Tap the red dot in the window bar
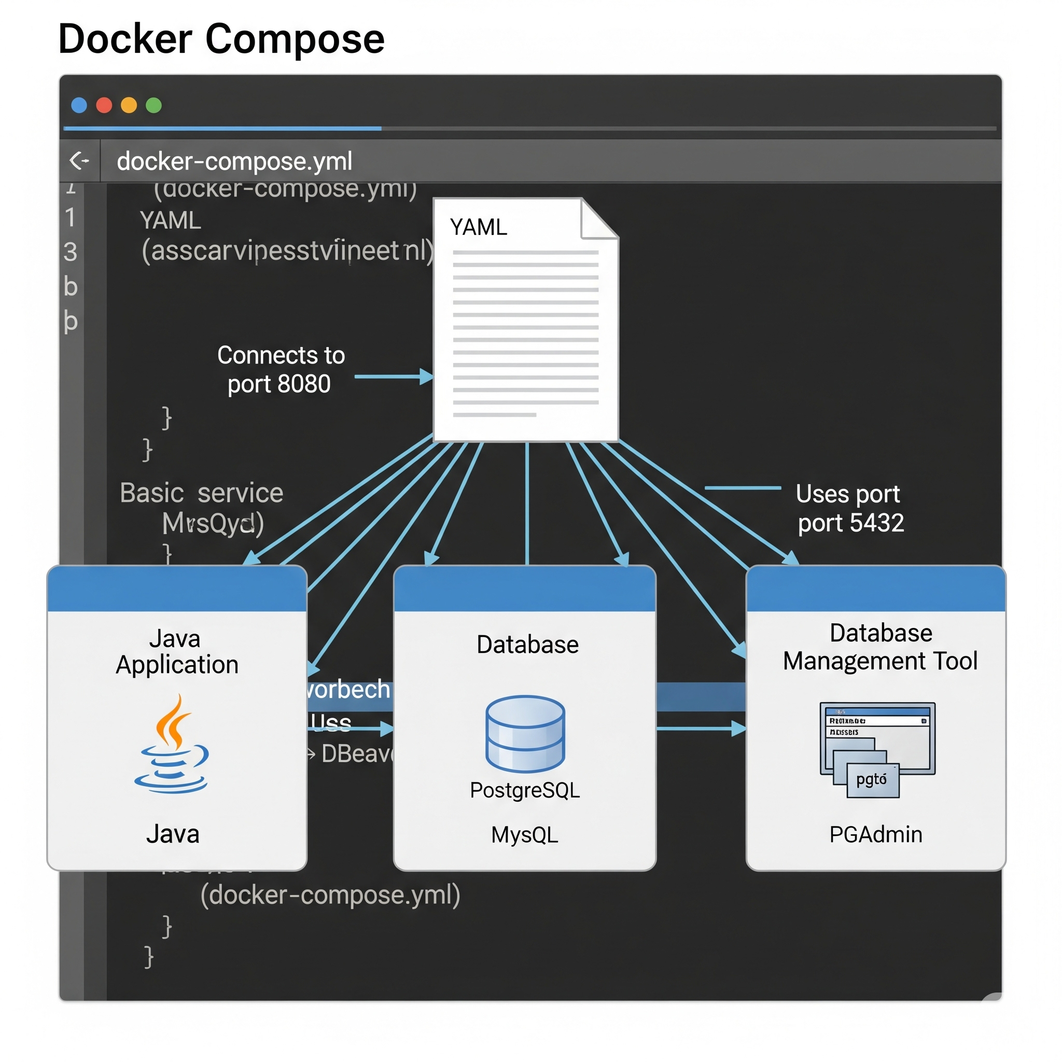[104, 105]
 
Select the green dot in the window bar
[154, 105]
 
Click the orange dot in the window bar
[129, 105]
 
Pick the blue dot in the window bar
[79, 105]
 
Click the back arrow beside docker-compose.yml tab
[79, 161]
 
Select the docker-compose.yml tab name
[234, 161]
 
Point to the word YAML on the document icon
[478, 227]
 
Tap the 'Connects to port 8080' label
[281, 369]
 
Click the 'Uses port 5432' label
[850, 508]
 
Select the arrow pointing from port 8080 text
[394, 376]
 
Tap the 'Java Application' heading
[176, 652]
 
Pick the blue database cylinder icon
[525, 733]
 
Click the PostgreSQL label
[525, 790]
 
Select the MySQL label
[524, 834]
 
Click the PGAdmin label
[876, 834]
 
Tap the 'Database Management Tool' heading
[880, 647]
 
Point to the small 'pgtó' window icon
[872, 779]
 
